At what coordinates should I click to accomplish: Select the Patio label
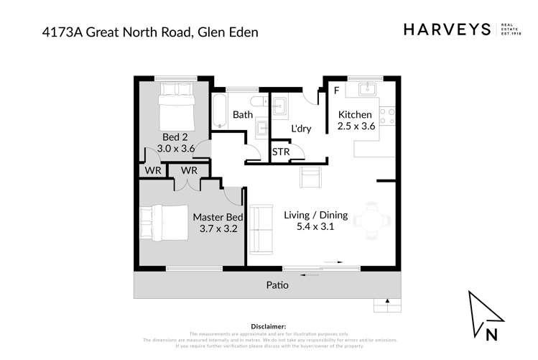(x=277, y=285)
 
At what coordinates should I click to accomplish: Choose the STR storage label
(x=279, y=152)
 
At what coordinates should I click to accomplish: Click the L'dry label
(x=300, y=129)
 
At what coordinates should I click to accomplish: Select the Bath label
(x=242, y=114)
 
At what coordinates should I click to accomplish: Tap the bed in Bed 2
(x=174, y=103)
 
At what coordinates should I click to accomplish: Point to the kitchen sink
(x=366, y=89)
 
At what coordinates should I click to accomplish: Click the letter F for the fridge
(x=336, y=91)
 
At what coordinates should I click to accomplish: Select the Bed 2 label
(x=175, y=137)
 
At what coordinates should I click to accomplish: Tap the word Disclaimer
(x=269, y=326)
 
